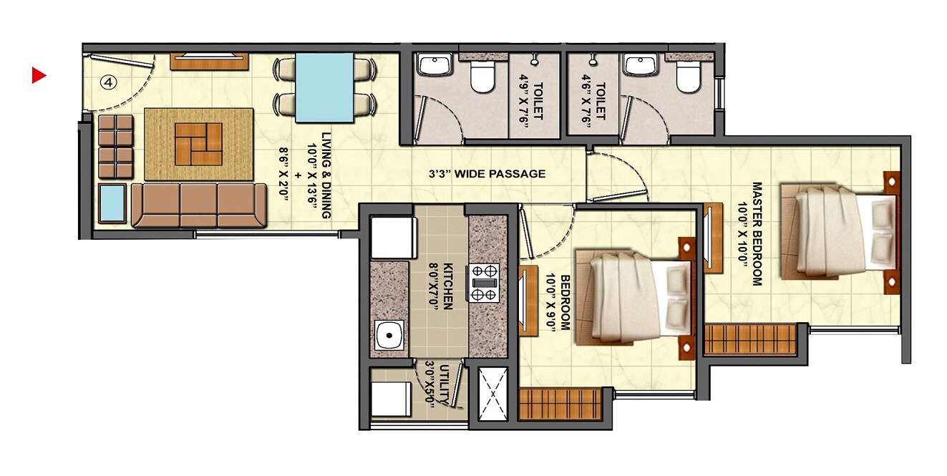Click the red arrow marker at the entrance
(x=39, y=75)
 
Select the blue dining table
(x=324, y=88)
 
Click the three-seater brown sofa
(x=198, y=205)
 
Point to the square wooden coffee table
(x=199, y=143)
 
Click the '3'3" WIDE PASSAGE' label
(x=487, y=174)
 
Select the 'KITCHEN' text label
(x=447, y=286)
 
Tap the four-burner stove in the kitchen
(x=484, y=282)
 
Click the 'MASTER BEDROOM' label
(x=757, y=233)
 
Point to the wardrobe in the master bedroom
(x=750, y=339)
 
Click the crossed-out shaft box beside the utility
(x=492, y=393)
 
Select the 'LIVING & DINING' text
(x=326, y=175)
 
